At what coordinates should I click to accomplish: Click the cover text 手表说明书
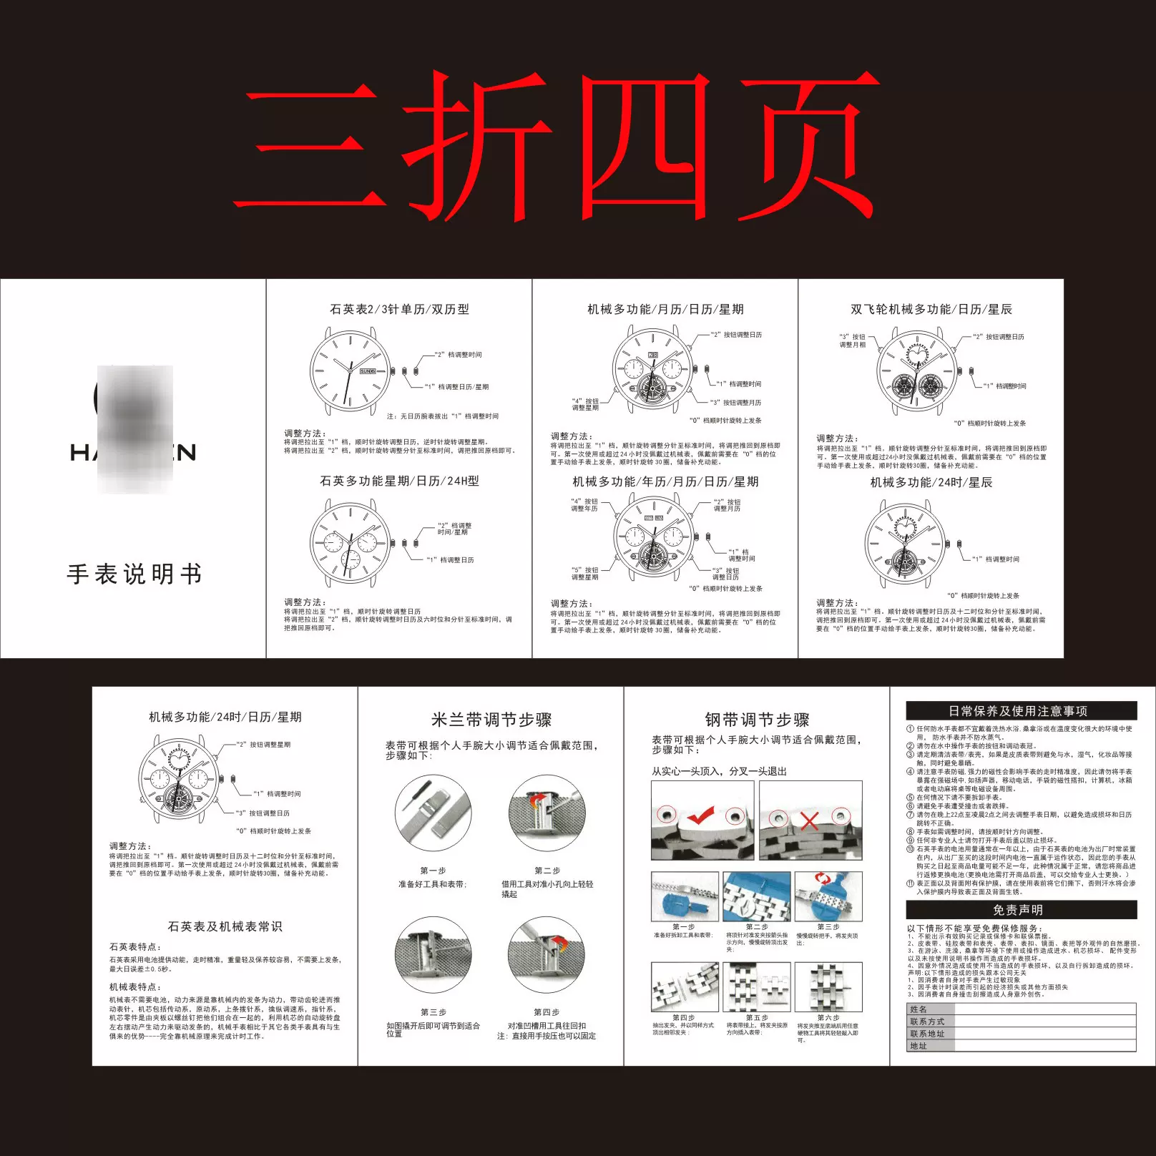tap(134, 574)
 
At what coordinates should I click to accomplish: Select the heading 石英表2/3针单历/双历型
tap(399, 309)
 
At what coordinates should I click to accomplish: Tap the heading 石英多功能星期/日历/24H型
tap(399, 481)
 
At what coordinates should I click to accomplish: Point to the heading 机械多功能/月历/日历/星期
tap(665, 309)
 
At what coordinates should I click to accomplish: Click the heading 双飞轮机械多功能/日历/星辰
tap(931, 309)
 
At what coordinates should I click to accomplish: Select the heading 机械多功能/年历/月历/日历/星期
tap(665, 482)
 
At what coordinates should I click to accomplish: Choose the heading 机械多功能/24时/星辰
tap(931, 483)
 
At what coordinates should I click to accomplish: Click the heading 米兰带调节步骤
tap(491, 720)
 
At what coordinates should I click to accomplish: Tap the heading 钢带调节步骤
tap(757, 720)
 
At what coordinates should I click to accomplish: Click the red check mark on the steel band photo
tap(700, 815)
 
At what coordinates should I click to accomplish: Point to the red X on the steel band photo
tap(809, 821)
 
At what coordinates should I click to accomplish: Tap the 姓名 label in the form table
tap(919, 1009)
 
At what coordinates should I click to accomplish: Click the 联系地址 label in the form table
tap(927, 1034)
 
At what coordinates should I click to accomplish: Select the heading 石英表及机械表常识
tap(225, 926)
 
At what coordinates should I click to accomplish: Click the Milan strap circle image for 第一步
tap(433, 813)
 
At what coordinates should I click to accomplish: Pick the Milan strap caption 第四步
tap(547, 1012)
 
